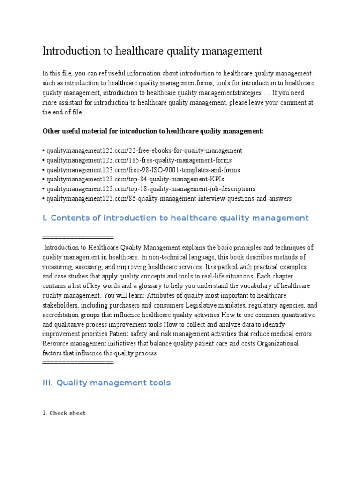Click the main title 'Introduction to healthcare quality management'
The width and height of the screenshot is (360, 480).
pyautogui.click(x=152, y=51)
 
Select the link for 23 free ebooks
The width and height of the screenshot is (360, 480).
pyautogui.click(x=143, y=150)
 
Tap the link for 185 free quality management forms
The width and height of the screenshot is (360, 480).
pyautogui.click(x=138, y=160)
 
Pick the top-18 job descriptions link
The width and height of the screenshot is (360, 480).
pyautogui.click(x=150, y=189)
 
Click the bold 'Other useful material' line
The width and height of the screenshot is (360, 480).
pyautogui.click(x=153, y=131)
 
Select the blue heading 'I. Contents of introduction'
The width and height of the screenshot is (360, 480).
pyautogui.click(x=175, y=218)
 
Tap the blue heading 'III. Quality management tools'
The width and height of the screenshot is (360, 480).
pyautogui.click(x=106, y=383)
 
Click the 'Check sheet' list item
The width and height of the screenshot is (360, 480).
pyautogui.click(x=67, y=413)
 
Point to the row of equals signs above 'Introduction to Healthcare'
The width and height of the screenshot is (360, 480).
pyautogui.click(x=78, y=237)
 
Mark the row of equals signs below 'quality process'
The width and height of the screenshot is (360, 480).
pyautogui.click(x=78, y=363)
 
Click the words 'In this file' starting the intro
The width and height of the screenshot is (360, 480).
pyautogui.click(x=57, y=74)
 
